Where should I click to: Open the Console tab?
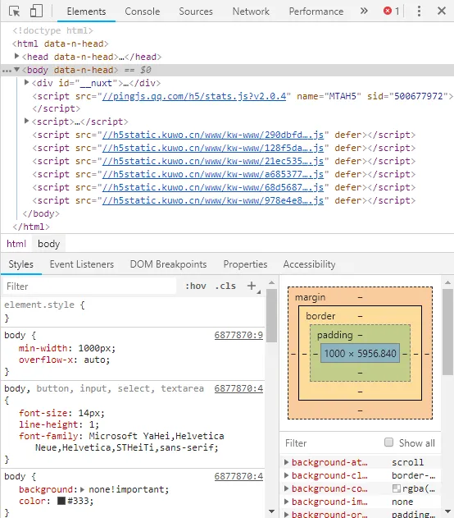click(142, 11)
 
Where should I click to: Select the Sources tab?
click(196, 11)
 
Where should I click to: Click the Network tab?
click(251, 11)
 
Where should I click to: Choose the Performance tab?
click(316, 11)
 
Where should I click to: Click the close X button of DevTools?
click(442, 11)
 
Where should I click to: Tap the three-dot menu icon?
click(419, 11)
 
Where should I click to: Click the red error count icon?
click(388, 11)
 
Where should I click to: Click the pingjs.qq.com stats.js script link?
click(194, 96)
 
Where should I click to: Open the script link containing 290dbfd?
click(212, 135)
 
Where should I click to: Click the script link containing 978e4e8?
click(212, 200)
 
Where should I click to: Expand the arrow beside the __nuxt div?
click(27, 82)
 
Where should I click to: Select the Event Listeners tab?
click(81, 264)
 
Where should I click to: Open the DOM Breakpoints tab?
click(168, 264)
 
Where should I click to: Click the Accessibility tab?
click(309, 264)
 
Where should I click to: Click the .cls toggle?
click(225, 286)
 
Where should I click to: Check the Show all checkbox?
click(388, 442)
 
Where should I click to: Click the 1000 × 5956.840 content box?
click(360, 353)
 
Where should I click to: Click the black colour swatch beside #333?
click(61, 501)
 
